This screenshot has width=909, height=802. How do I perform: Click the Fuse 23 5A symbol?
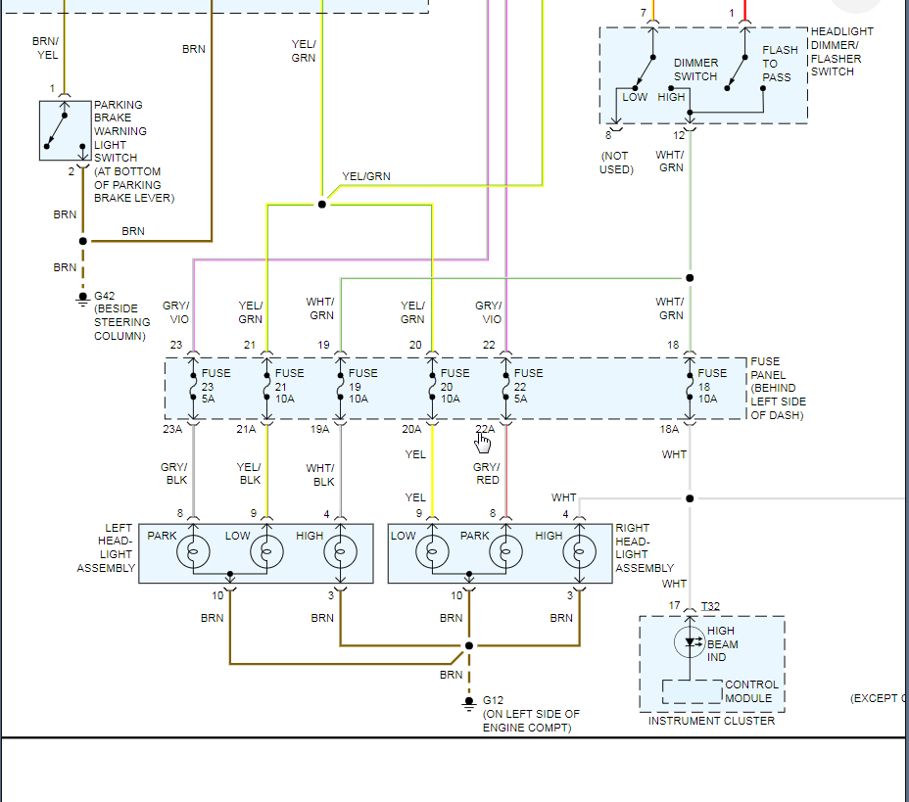pyautogui.click(x=193, y=390)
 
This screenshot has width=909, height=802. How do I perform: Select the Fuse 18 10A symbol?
pyautogui.click(x=690, y=390)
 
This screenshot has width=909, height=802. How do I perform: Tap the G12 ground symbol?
pyautogui.click(x=468, y=702)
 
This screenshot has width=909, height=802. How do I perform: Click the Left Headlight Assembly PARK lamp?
pyautogui.click(x=193, y=552)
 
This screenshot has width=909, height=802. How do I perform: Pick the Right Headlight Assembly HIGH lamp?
pyautogui.click(x=579, y=552)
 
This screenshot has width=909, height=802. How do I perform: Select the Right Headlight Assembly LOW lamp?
pyautogui.click(x=432, y=552)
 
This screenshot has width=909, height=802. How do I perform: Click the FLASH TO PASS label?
pyautogui.click(x=779, y=64)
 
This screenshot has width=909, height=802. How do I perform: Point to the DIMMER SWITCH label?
pyautogui.click(x=695, y=70)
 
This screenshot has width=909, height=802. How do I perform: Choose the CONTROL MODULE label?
pyautogui.click(x=751, y=691)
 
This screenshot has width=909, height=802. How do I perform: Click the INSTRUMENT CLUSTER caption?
pyautogui.click(x=711, y=721)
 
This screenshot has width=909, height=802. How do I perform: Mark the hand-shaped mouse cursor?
pyautogui.click(x=483, y=443)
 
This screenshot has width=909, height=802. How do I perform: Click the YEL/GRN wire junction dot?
pyautogui.click(x=321, y=205)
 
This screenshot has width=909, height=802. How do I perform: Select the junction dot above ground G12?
pyautogui.click(x=468, y=645)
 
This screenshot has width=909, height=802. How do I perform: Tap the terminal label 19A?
pyautogui.click(x=320, y=429)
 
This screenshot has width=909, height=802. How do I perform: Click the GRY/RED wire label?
pyautogui.click(x=487, y=474)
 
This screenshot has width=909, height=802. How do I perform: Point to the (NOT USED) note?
pyautogui.click(x=616, y=163)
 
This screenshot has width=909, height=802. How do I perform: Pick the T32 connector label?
pyautogui.click(x=711, y=606)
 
